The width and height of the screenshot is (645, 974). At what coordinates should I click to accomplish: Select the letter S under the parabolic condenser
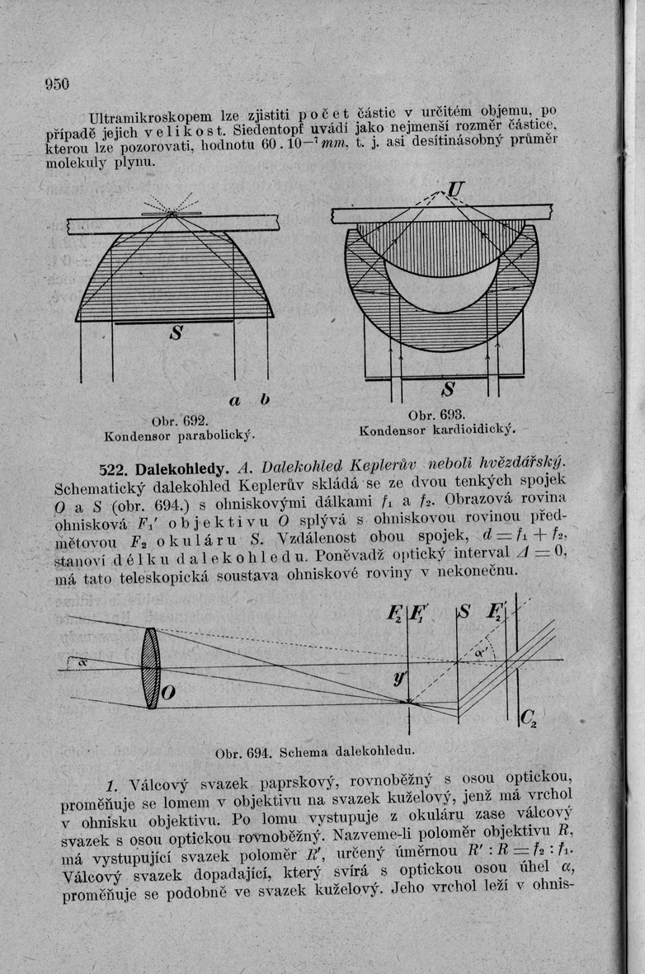tap(177, 336)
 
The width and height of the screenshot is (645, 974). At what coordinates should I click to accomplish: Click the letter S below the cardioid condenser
tap(450, 388)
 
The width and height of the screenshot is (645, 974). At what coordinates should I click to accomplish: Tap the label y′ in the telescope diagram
tap(400, 678)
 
